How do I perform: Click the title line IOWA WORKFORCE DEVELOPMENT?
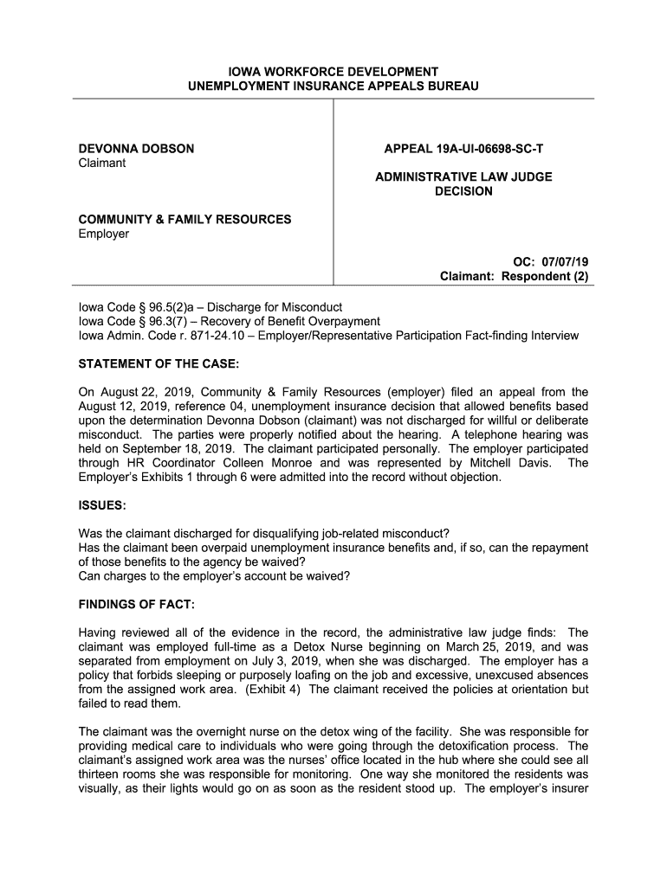333,71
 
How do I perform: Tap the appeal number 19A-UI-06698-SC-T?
463,149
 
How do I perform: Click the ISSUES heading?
102,504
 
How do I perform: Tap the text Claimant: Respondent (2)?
514,277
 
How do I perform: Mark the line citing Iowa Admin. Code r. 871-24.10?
327,335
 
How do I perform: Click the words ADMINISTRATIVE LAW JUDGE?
463,177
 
